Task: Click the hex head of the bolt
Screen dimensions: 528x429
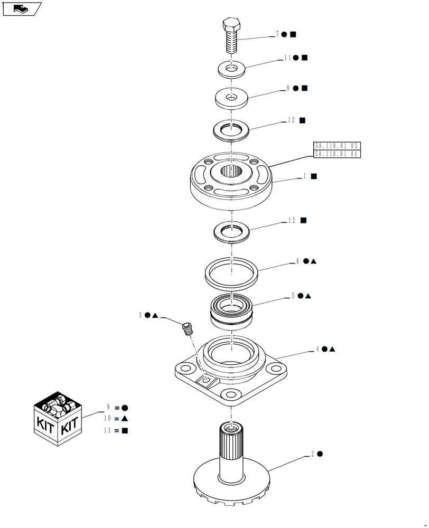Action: point(231,25)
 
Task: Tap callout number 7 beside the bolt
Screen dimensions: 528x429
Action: point(277,34)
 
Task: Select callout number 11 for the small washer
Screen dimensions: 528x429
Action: point(287,58)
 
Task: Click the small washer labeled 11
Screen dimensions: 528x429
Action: point(231,69)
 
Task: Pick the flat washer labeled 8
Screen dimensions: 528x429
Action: point(231,98)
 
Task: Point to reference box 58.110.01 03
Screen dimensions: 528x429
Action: point(337,145)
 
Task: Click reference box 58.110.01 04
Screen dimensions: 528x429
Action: point(337,154)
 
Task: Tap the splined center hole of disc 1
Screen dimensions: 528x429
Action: point(231,171)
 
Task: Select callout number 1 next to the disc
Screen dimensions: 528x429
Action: point(304,177)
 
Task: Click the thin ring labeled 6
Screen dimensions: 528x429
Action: point(231,272)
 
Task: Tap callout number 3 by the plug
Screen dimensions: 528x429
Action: point(141,315)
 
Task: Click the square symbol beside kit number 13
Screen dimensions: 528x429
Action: point(125,430)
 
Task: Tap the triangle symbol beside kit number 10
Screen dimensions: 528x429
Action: point(125,418)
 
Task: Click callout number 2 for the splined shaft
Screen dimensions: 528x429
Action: point(313,454)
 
